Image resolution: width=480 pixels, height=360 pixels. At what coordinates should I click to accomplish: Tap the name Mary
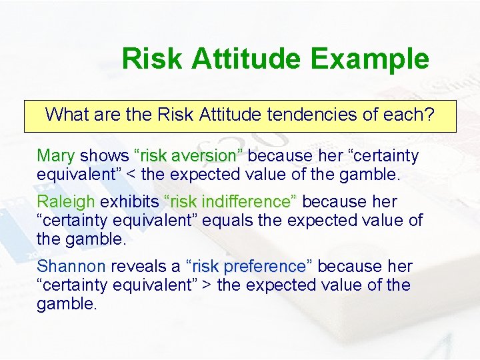tap(55, 156)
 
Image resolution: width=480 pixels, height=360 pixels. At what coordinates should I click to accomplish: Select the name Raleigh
tap(66, 201)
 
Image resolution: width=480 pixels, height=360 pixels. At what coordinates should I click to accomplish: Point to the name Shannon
tap(71, 267)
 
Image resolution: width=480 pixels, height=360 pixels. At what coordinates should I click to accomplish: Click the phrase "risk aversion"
tap(189, 156)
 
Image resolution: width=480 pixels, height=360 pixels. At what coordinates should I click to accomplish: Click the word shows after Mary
tap(104, 156)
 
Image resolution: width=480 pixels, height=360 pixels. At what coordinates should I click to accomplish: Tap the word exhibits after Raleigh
tap(129, 201)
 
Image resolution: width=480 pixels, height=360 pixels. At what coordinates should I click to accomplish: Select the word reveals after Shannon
tap(139, 267)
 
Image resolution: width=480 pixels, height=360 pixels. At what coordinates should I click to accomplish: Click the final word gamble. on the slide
tap(67, 305)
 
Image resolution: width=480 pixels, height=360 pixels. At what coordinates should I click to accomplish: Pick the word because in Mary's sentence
tap(279, 156)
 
